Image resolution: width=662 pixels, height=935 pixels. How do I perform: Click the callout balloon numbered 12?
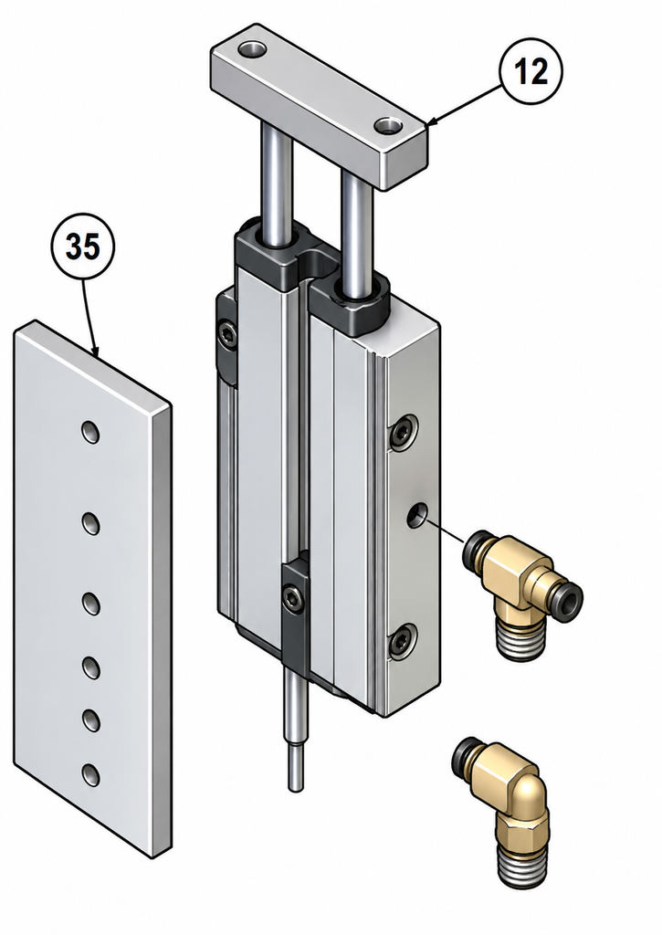tap(531, 71)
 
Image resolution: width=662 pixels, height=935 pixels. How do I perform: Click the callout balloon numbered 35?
tap(81, 247)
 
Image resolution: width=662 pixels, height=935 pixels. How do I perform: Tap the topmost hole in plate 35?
tap(90, 432)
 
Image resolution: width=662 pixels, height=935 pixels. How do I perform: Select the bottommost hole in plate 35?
tap(90, 774)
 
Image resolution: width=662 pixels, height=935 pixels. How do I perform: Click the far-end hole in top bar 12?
tap(252, 49)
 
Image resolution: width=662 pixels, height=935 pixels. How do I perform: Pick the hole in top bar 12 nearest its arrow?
tap(389, 125)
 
